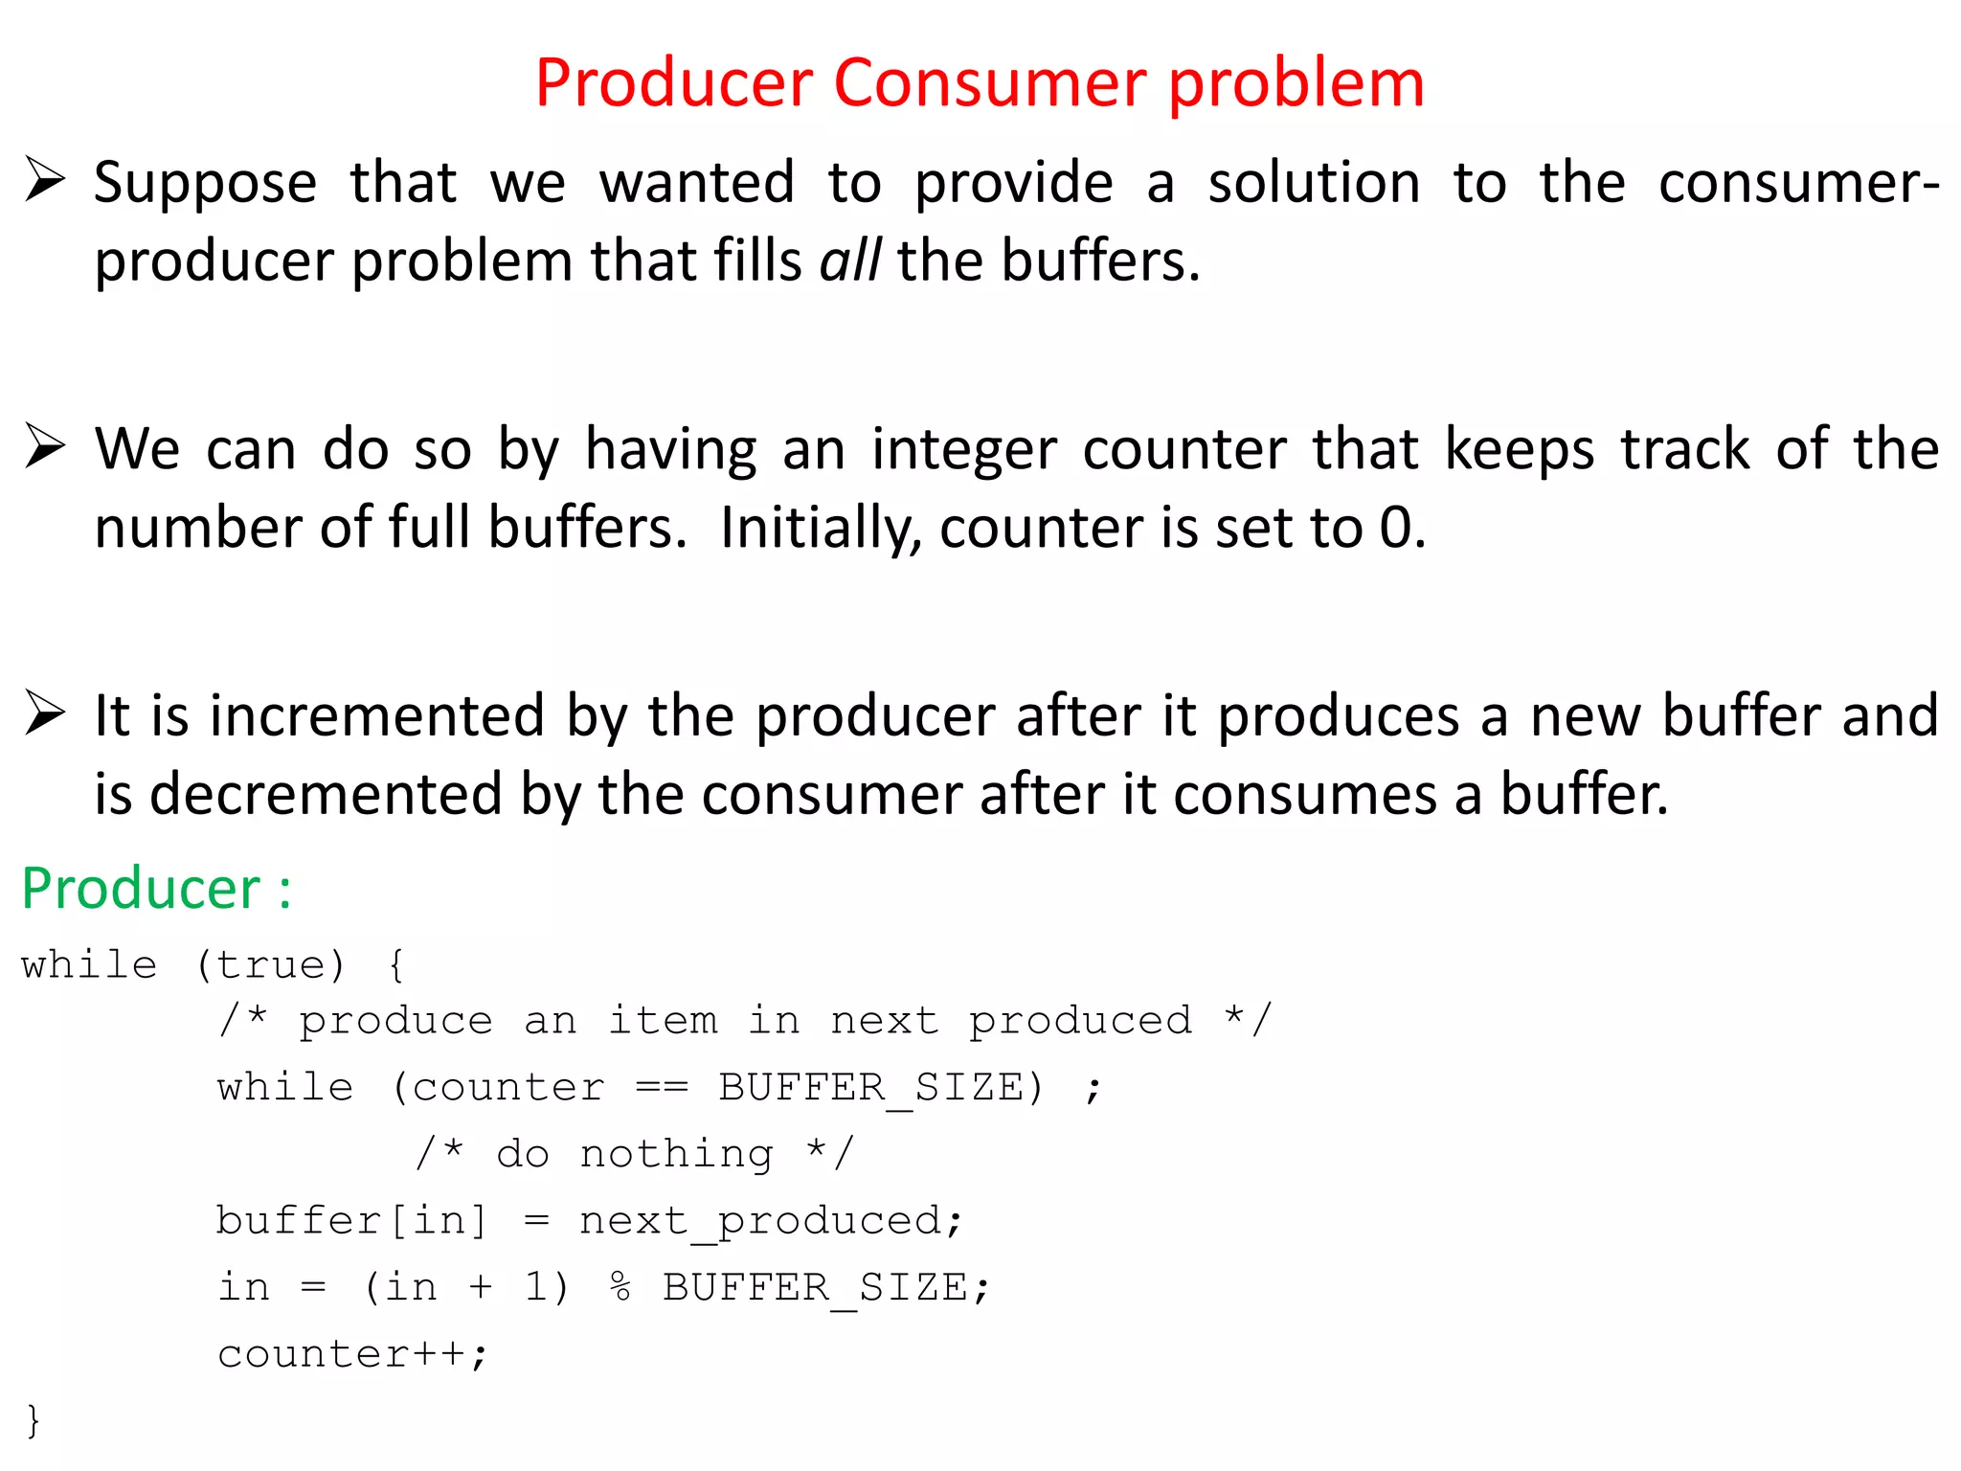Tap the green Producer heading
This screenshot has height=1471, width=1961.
[141, 888]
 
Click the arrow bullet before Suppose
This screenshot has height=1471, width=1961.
[45, 180]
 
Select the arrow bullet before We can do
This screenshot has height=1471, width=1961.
[45, 446]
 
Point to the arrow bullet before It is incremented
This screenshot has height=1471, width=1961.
[45, 713]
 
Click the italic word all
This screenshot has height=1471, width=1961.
[849, 260]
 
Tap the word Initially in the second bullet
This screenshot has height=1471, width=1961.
[821, 528]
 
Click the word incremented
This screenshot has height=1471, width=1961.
[377, 715]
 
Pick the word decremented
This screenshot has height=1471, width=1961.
[326, 794]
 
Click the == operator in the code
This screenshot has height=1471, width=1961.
[662, 1088]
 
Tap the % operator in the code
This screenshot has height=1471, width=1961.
[620, 1287]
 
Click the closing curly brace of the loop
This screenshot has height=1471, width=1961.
[34, 1419]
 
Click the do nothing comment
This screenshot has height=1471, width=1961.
[634, 1154]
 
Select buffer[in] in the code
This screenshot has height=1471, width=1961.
[351, 1221]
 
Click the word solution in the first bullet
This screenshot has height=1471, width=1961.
[1314, 182]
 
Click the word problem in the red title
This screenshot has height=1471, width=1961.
[1296, 84]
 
